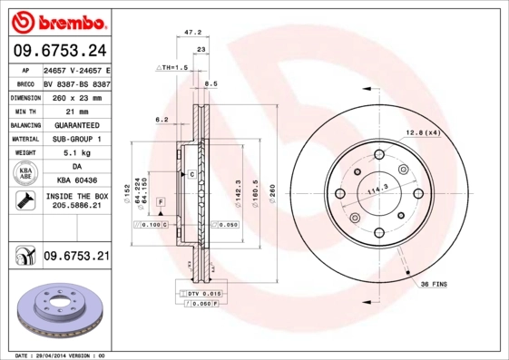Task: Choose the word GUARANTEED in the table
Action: click(75, 124)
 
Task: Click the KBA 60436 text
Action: click(75, 181)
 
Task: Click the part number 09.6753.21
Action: click(75, 257)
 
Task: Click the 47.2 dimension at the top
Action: click(192, 32)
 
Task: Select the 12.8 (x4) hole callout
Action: click(422, 133)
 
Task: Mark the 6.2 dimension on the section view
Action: click(162, 120)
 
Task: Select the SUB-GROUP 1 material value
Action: click(75, 139)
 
